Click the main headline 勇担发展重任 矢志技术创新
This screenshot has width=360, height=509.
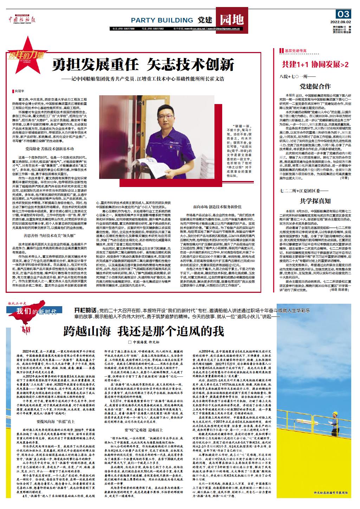(143, 64)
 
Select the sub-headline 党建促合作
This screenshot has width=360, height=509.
(315, 86)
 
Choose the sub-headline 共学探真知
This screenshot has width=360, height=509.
(315, 201)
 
